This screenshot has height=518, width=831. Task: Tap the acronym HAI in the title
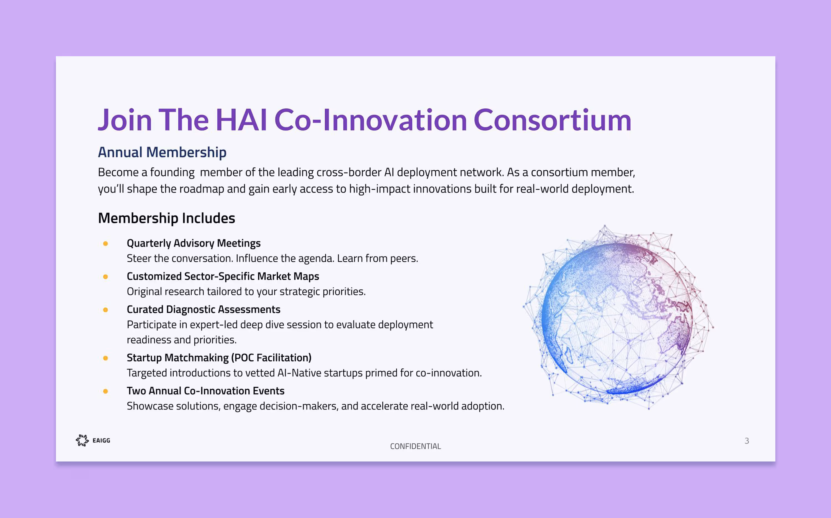click(241, 120)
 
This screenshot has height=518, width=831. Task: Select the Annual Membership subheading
click(162, 152)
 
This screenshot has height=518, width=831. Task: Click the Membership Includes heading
click(166, 218)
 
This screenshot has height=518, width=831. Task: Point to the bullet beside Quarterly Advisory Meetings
click(106, 243)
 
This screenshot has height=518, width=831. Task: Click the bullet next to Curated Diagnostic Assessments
click(106, 310)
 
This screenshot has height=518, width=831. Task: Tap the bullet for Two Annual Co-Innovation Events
click(106, 391)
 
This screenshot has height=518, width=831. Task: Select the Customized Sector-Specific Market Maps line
click(223, 276)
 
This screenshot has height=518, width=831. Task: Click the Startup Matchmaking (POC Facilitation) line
click(219, 358)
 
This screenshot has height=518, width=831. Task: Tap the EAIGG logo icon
click(82, 440)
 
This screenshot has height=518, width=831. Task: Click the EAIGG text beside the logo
click(101, 440)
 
